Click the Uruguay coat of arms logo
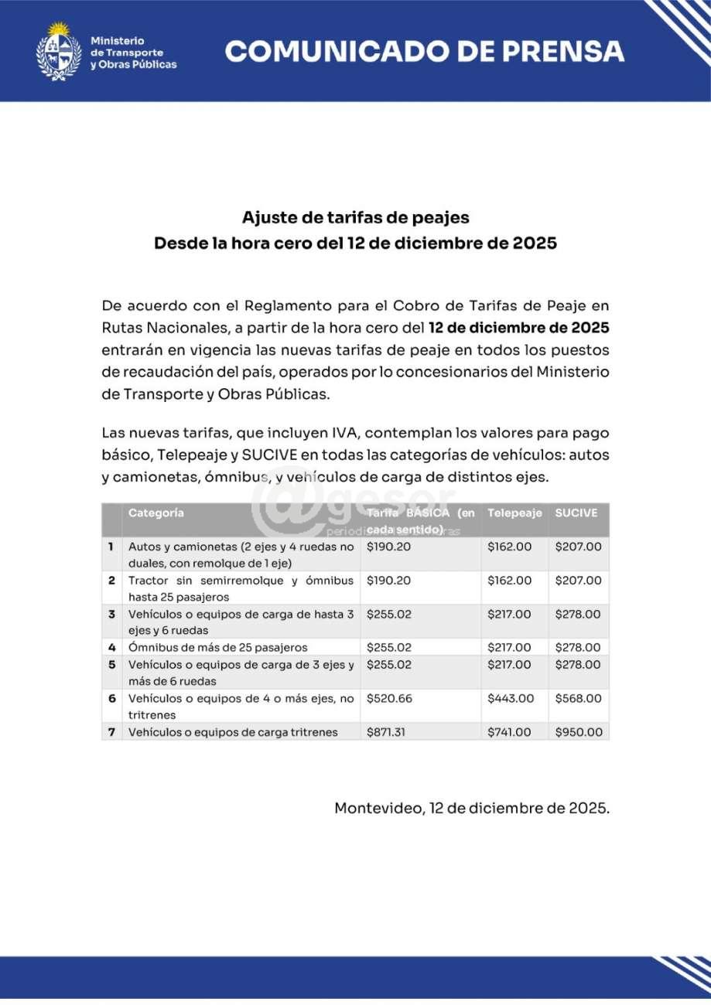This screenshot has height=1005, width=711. tap(59, 52)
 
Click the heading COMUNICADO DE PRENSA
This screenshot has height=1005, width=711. tap(424, 52)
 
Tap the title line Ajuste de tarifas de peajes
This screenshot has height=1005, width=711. tap(355, 217)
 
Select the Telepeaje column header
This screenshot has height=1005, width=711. tap(514, 513)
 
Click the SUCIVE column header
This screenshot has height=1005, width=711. tap(576, 513)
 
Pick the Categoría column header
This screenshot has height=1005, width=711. tap(156, 513)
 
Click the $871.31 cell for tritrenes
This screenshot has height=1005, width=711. tap(386, 732)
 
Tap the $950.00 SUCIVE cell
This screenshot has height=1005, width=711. tap(578, 732)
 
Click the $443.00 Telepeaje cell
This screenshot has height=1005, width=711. tap(511, 698)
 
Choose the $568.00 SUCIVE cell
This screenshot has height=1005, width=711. tap(578, 698)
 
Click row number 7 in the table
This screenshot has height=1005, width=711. tap(111, 732)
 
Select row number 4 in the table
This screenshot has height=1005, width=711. tap(111, 647)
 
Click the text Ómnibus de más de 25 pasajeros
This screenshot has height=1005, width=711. tap(218, 647)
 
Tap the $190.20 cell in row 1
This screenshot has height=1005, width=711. tap(389, 547)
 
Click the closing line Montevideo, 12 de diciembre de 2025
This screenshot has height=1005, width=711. tap(472, 809)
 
